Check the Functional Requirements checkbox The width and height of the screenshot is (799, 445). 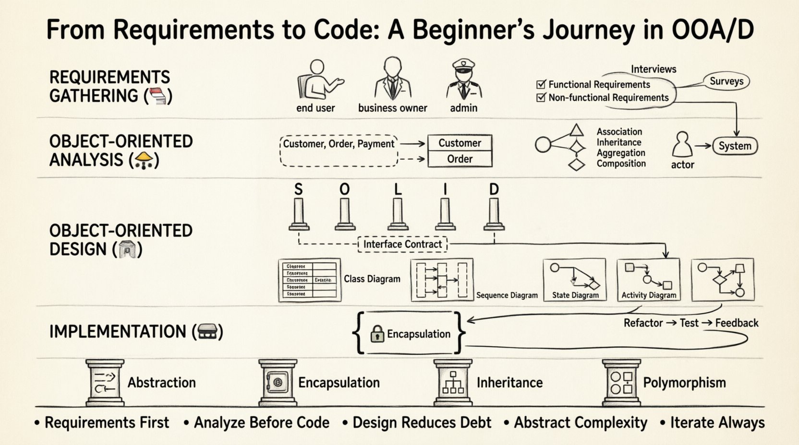pyautogui.click(x=541, y=84)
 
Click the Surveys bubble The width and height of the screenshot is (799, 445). pyautogui.click(x=726, y=82)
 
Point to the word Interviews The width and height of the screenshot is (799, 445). pyautogui.click(x=653, y=69)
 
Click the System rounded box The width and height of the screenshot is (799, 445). pyautogui.click(x=735, y=146)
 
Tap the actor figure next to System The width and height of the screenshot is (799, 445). pyautogui.click(x=682, y=145)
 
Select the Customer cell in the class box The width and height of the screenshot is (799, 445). pyautogui.click(x=460, y=143)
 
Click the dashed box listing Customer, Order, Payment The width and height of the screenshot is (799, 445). pyautogui.click(x=339, y=151)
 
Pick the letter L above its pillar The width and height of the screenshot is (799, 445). pyautogui.click(x=398, y=190)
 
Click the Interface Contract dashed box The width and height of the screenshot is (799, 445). pyautogui.click(x=402, y=245)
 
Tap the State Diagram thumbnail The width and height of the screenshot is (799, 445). pyautogui.click(x=575, y=280)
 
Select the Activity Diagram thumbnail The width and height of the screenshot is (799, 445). pyautogui.click(x=648, y=280)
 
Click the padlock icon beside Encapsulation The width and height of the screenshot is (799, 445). pyautogui.click(x=377, y=334)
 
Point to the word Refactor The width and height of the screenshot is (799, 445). pyautogui.click(x=643, y=323)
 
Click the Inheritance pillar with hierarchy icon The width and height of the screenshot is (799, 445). pyautogui.click(x=453, y=383)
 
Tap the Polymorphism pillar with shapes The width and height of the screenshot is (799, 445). pyautogui.click(x=621, y=383)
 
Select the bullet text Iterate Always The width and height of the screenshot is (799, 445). pyautogui.click(x=717, y=423)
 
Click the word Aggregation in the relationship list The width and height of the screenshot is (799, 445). pyautogui.click(x=621, y=153)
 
